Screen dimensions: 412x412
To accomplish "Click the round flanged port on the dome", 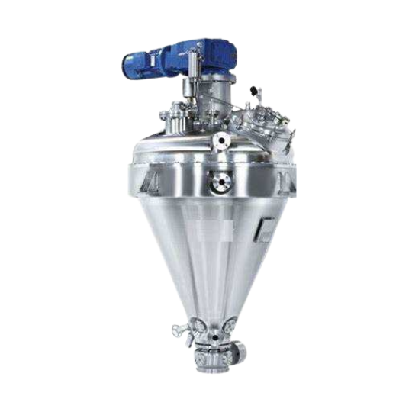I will [x=221, y=141].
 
